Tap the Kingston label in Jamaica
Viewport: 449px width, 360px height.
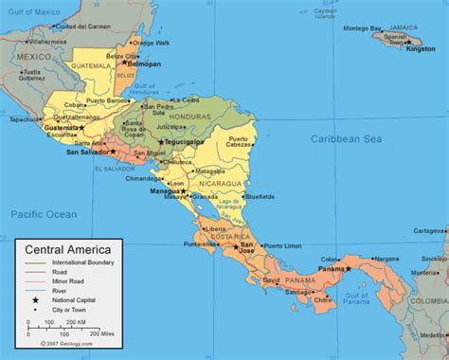[x=421, y=48]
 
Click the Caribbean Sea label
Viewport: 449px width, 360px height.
[x=350, y=138]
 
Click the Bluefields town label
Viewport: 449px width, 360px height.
[x=260, y=197]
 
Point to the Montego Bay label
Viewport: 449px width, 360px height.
[x=362, y=27]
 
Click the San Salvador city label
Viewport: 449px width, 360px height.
[x=85, y=151]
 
